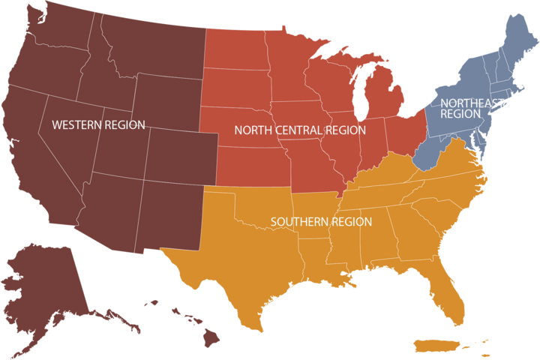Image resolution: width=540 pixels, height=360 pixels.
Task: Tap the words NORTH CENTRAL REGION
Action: click(x=300, y=130)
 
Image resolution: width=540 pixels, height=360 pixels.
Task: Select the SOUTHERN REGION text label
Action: click(x=321, y=221)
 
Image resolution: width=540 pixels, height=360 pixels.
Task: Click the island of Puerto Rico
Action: click(x=436, y=346)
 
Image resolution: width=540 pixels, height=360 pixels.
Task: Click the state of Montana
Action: click(x=150, y=41)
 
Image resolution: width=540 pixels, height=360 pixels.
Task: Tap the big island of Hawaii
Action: click(x=211, y=338)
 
